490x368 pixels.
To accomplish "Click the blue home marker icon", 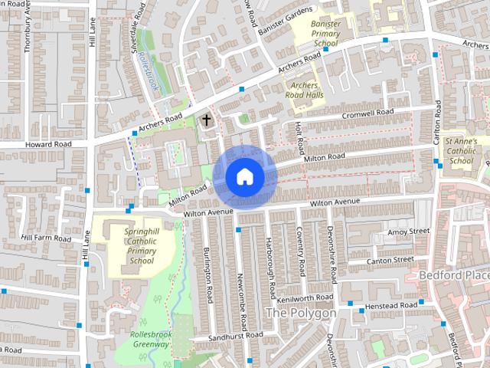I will tap(244, 176).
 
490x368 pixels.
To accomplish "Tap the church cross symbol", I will tap(205, 120).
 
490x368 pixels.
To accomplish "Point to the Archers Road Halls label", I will tap(304, 90).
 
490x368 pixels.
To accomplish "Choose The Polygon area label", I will tap(300, 314).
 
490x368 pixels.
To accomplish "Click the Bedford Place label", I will tap(453, 274).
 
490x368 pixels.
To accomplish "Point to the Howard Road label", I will tap(47, 144).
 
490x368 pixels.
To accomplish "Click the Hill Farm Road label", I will tap(46, 238).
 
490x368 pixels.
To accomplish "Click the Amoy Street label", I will tap(409, 231).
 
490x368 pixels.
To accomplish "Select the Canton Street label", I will tap(390, 261).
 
